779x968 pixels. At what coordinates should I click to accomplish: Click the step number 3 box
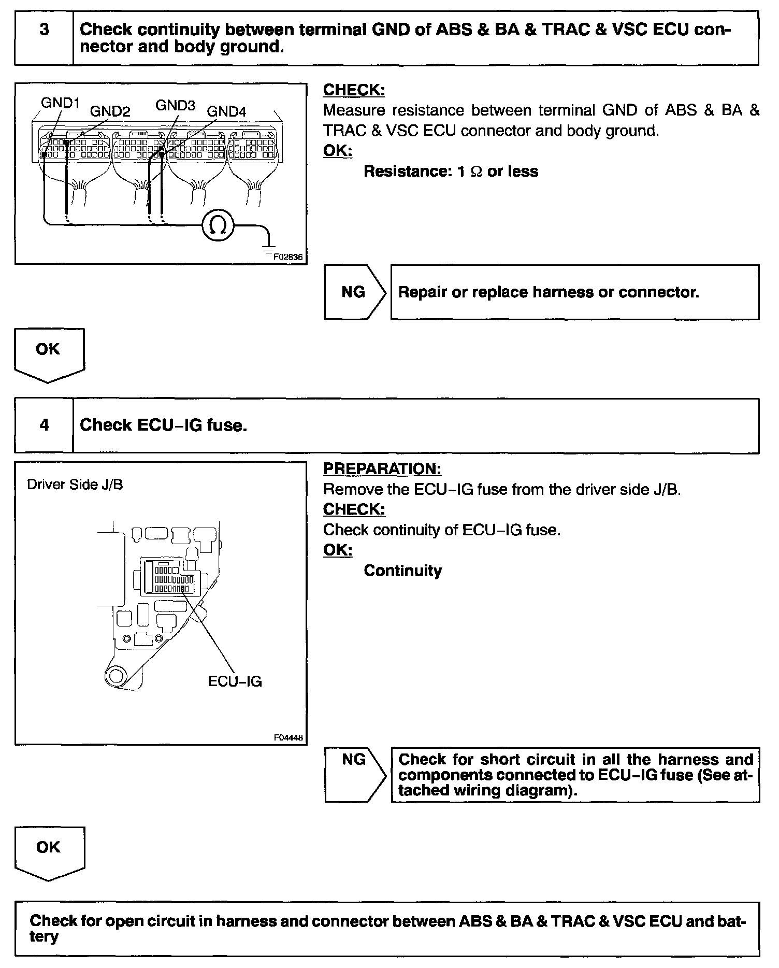pos(44,38)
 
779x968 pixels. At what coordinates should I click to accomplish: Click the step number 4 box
pos(44,425)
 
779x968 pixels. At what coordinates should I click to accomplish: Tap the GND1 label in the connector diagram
pos(60,103)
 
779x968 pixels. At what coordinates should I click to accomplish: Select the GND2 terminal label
pos(110,111)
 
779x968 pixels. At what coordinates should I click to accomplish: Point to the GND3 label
pos(175,106)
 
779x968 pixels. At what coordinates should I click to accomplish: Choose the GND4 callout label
pos(226,111)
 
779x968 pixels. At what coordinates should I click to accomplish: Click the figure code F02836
pos(287,257)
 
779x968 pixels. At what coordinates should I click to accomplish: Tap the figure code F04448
pos(288,738)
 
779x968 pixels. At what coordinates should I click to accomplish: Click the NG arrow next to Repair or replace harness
pos(355,292)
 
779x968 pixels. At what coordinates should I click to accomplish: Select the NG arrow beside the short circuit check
pos(355,774)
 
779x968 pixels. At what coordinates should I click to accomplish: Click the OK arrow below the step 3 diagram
pos(49,354)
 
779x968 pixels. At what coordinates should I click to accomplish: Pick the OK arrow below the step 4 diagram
pos(49,852)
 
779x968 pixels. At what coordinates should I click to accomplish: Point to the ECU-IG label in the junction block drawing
pos(235,681)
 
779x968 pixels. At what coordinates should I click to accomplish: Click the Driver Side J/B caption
pos(75,485)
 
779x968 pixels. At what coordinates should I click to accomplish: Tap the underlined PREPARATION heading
pos(382,468)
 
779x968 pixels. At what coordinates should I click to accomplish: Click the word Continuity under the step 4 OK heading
pos(402,571)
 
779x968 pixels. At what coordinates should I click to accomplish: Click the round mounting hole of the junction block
pos(115,676)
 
